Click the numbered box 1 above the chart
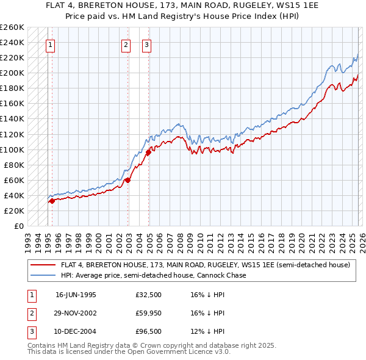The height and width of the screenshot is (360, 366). [49, 44]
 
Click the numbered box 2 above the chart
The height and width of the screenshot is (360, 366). [125, 44]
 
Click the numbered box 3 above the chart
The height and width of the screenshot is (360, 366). [147, 44]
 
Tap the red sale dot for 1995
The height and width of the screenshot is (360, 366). [52, 201]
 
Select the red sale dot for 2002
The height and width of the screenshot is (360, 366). [127, 180]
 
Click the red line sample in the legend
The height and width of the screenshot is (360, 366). [43, 265]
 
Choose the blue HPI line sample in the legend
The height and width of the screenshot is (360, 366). [43, 275]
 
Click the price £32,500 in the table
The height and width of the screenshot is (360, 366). [149, 294]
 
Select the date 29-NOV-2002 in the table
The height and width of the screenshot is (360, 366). [76, 313]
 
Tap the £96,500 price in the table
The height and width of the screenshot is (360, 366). [149, 331]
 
